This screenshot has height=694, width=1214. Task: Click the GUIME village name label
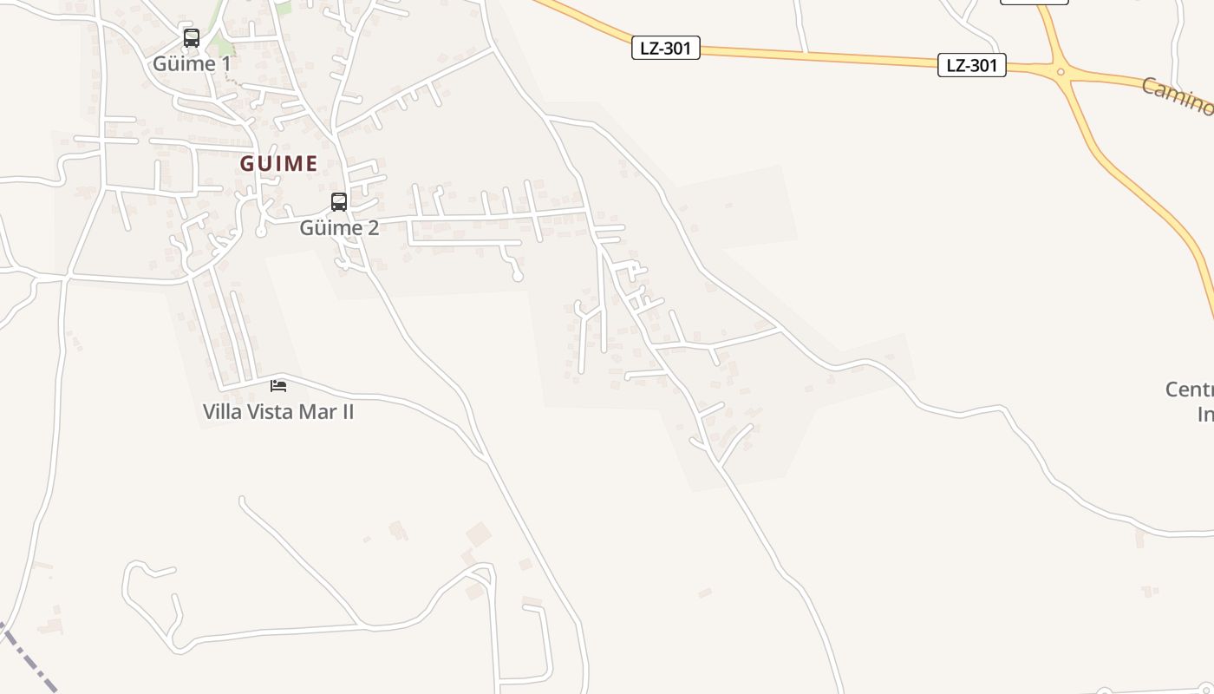tap(278, 163)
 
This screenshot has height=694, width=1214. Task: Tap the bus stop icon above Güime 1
tap(192, 38)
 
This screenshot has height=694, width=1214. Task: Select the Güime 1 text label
tap(192, 63)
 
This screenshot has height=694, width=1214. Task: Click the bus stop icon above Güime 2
tap(339, 202)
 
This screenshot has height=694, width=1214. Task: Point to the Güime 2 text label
tap(339, 228)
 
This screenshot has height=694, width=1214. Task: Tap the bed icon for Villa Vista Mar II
tap(278, 385)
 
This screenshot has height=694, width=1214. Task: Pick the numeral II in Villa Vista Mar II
tap(345, 411)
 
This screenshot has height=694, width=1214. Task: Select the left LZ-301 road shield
tap(665, 48)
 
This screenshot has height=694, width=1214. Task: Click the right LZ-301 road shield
tap(971, 65)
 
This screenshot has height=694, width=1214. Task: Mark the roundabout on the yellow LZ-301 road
tap(1060, 71)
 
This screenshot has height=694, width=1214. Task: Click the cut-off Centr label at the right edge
tap(1189, 390)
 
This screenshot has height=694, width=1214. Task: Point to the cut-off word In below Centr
tap(1204, 414)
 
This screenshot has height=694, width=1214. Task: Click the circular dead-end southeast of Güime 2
tap(518, 277)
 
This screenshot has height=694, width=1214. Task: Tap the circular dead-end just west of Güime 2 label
tap(261, 232)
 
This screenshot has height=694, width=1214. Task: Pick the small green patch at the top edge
tap(284, 8)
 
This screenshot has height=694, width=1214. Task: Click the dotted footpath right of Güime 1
tap(230, 75)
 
